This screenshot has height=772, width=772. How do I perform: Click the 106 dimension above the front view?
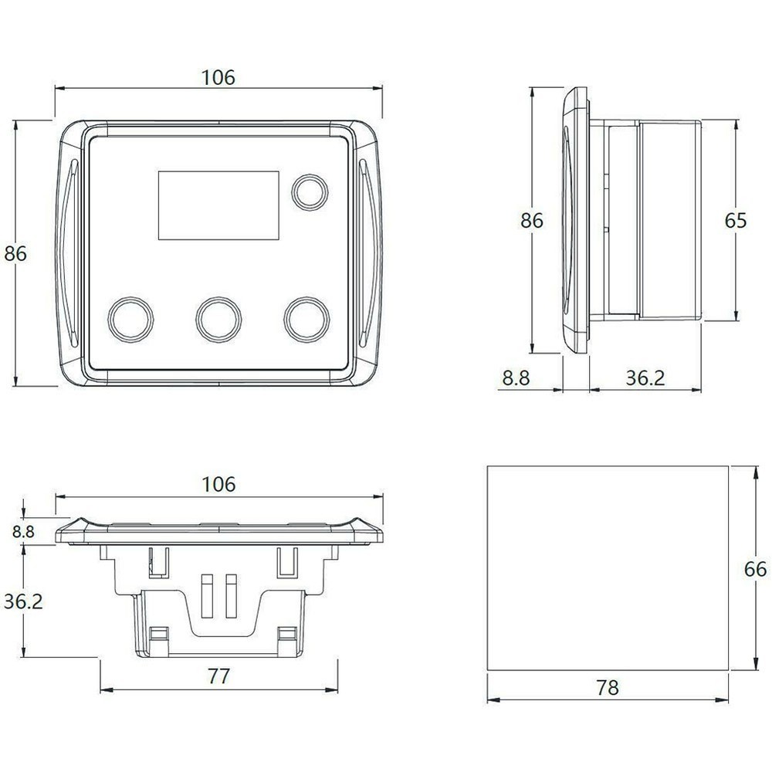click(218, 77)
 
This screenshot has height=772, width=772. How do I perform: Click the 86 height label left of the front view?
click(16, 253)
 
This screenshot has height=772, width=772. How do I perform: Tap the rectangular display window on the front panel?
click(218, 205)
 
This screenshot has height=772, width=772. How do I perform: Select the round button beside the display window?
click(308, 191)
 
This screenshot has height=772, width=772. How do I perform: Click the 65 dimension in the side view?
click(735, 221)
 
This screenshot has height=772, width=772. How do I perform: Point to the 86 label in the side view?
click(532, 221)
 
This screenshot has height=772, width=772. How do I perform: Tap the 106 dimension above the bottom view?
click(218, 484)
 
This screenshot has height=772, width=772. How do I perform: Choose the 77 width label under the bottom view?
click(219, 676)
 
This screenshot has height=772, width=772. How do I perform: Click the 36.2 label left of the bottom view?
click(22, 601)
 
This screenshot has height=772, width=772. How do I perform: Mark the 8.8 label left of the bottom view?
click(24, 531)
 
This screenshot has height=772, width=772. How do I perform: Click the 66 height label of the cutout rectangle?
click(756, 569)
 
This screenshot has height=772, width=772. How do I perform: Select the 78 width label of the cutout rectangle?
click(608, 688)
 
